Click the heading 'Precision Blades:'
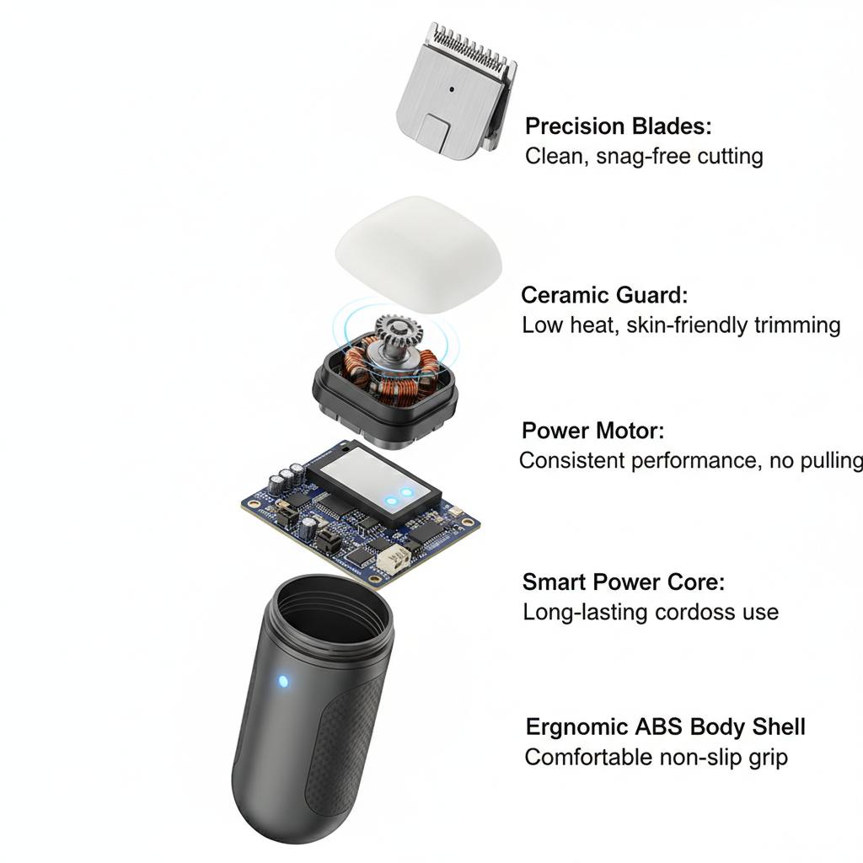[x=618, y=126]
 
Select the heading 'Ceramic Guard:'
[x=604, y=295]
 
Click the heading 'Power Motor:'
[x=592, y=431]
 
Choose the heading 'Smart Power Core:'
[x=624, y=582]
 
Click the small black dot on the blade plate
[x=452, y=89]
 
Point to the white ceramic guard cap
[x=419, y=254]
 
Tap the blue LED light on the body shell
[x=283, y=682]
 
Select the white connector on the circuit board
[x=394, y=559]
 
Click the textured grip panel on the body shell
[x=344, y=748]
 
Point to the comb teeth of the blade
[x=472, y=47]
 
